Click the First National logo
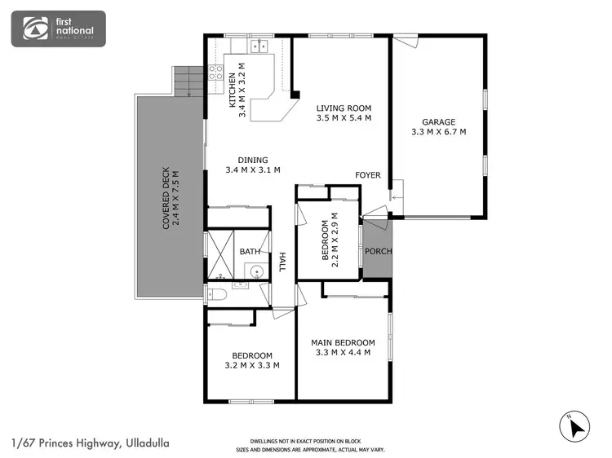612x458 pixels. pyautogui.click(x=57, y=29)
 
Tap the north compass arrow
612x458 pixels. pyautogui.click(x=578, y=426)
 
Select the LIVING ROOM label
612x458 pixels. pyautogui.click(x=344, y=108)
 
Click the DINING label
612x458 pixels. pyautogui.click(x=253, y=160)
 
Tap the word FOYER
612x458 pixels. pyautogui.click(x=367, y=175)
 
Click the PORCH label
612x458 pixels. pyautogui.click(x=378, y=251)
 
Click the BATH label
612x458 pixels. pyautogui.click(x=250, y=252)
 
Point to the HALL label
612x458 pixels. pyautogui.click(x=283, y=262)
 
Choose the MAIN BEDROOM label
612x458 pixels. pyautogui.click(x=343, y=342)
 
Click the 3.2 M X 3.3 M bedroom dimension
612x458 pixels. pyautogui.click(x=251, y=366)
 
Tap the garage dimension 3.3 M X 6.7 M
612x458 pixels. pyautogui.click(x=438, y=131)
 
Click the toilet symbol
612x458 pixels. pyautogui.click(x=217, y=294)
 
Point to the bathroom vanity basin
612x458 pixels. pyautogui.click(x=256, y=272)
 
